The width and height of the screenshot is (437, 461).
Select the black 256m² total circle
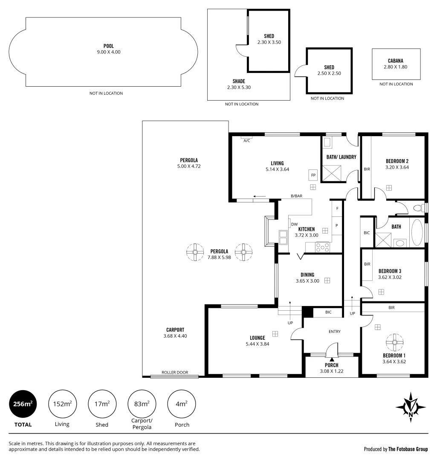point(23,403)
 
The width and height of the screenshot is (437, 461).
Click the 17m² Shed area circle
point(102,403)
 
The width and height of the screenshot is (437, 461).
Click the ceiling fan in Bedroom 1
point(394,342)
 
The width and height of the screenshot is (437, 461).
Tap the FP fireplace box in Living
point(313,175)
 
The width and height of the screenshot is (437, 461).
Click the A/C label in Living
point(246,140)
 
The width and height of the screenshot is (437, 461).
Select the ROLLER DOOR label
point(175,373)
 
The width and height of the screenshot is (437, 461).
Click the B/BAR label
point(296,196)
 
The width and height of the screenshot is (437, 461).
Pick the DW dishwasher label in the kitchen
point(294,225)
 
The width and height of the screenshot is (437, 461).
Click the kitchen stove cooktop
point(322,247)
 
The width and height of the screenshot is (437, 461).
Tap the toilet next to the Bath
point(420,208)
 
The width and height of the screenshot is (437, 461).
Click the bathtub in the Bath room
point(417,232)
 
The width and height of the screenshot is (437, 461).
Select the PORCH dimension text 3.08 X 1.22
point(332,371)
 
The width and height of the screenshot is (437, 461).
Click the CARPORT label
point(175,330)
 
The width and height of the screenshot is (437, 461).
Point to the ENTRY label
point(334,332)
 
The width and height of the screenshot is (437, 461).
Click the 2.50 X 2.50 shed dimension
point(329,73)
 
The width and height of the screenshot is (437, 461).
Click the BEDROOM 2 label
point(397,161)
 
